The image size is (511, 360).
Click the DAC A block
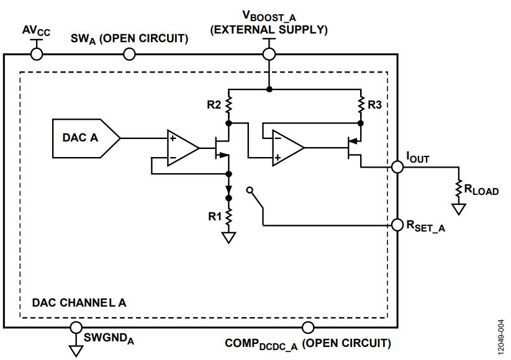pyautogui.click(x=86, y=138)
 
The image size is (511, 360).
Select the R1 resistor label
pyautogui.click(x=215, y=217)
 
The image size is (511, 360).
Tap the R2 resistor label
pyautogui.click(x=214, y=105)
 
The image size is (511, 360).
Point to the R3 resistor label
pyautogui.click(x=375, y=105)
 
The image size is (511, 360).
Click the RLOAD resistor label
pyautogui.click(x=481, y=189)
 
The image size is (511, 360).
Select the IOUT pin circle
pyautogui.click(x=397, y=167)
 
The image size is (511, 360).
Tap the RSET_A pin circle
pyautogui.click(x=397, y=225)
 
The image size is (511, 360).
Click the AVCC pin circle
pyautogui.click(x=37, y=54)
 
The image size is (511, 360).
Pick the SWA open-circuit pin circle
pyautogui.click(x=129, y=54)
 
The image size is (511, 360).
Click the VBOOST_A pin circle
pyautogui.click(x=269, y=54)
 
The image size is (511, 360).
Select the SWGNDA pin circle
pyautogui.click(x=76, y=327)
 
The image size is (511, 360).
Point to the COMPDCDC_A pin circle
pyautogui.click(x=308, y=327)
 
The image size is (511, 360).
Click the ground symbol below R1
pyautogui.click(x=228, y=238)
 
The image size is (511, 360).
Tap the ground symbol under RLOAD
pyautogui.click(x=459, y=209)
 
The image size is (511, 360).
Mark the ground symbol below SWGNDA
pyautogui.click(x=76, y=351)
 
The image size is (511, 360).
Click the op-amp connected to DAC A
pyautogui.click(x=183, y=148)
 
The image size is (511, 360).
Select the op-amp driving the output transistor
pyautogui.click(x=288, y=148)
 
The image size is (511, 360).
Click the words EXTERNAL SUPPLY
pyautogui.click(x=269, y=30)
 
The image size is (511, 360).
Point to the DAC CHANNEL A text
pyautogui.click(x=79, y=303)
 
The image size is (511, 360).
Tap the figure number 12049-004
pyautogui.click(x=500, y=337)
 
